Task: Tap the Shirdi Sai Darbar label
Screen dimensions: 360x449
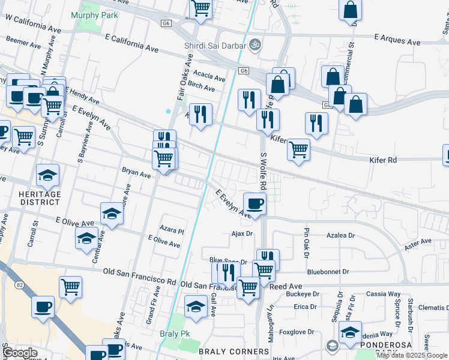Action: coord(215,45)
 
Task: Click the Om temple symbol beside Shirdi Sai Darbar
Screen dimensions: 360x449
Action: coord(255,45)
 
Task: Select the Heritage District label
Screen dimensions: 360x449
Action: coord(40,198)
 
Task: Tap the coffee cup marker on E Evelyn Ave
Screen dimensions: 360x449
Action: coord(255,203)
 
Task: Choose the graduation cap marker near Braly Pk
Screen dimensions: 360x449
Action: coord(196,306)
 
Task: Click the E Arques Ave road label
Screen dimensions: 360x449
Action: coord(397,41)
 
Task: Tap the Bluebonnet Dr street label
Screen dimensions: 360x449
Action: coord(328,272)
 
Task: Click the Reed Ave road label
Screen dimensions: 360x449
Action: coord(285,287)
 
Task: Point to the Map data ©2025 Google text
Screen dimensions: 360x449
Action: coord(412,355)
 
